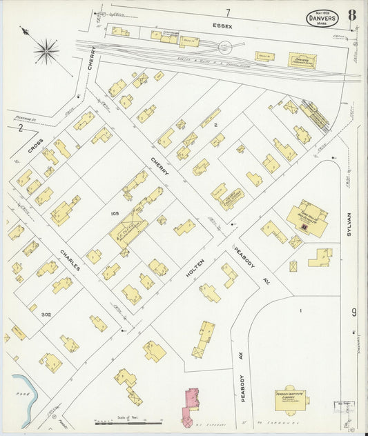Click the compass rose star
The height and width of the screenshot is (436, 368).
point(46,50)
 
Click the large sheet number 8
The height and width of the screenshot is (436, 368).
point(352,15)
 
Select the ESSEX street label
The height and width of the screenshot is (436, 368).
point(222,26)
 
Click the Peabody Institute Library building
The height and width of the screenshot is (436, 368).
point(290,399)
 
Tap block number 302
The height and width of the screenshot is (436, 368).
point(46,315)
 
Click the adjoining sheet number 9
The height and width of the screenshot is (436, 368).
point(354,313)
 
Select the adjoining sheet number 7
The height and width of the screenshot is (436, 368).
point(226,12)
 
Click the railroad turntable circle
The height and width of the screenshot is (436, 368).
point(225,47)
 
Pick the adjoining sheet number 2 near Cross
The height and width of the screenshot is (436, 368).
point(21,128)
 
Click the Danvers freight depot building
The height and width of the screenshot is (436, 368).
point(302,61)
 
